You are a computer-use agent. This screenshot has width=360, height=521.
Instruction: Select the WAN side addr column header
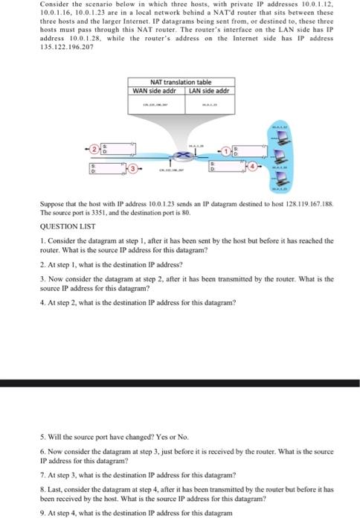pos(153,90)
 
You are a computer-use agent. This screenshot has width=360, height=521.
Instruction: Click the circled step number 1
pos(225,151)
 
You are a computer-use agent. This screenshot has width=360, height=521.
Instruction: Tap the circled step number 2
pos(96,151)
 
